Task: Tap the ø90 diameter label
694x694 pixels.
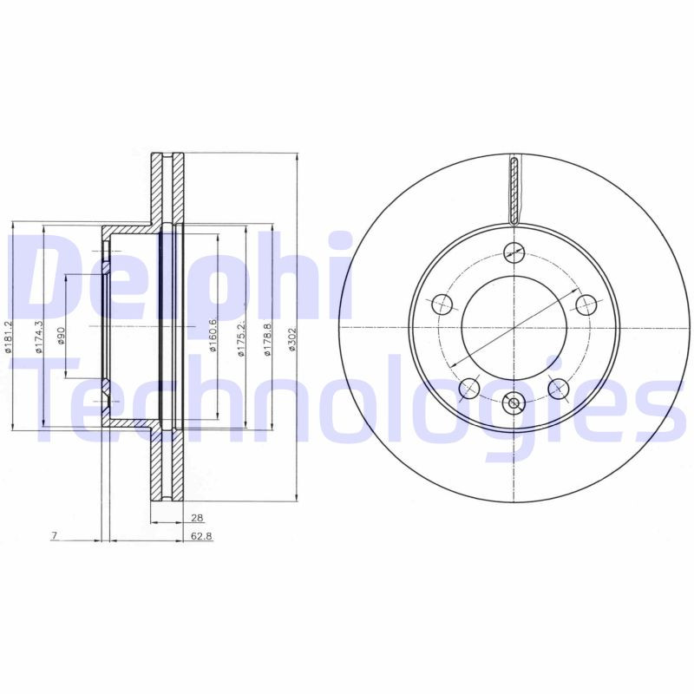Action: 62,336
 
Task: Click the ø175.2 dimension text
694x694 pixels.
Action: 242,337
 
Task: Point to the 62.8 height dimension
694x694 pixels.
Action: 200,536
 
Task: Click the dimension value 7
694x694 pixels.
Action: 54,536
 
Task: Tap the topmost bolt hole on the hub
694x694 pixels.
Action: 514,252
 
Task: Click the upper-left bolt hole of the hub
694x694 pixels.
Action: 442,304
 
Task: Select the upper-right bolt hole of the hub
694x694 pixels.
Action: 586,304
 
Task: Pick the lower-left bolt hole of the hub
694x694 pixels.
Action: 469,388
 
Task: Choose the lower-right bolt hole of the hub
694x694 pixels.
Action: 558,388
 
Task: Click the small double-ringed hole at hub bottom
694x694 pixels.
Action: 514,403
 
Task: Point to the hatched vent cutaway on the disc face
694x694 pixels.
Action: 514,188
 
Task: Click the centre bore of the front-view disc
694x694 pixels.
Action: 514,328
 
